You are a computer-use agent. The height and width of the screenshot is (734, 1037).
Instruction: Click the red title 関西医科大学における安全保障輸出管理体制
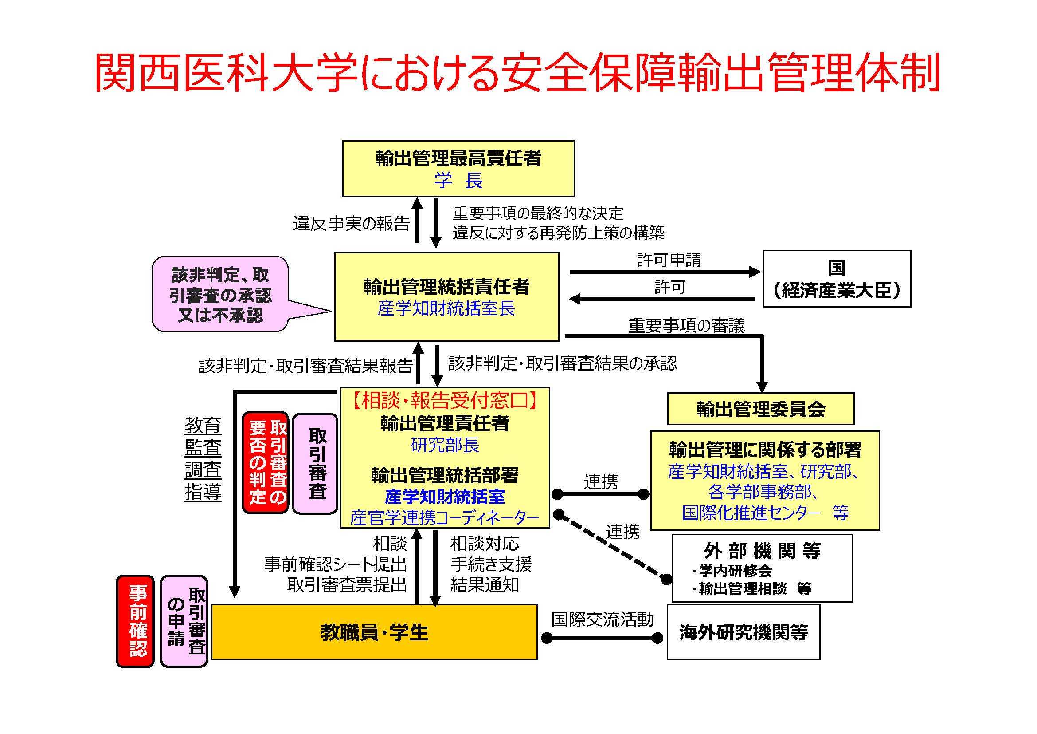click(x=517, y=72)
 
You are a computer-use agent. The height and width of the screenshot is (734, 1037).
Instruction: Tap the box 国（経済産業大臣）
click(x=837, y=279)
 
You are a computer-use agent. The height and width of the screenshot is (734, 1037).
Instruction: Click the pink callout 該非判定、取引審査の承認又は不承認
click(x=221, y=295)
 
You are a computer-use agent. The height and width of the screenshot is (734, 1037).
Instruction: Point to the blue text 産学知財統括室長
click(x=446, y=309)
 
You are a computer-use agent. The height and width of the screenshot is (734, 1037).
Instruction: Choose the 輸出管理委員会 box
click(x=761, y=409)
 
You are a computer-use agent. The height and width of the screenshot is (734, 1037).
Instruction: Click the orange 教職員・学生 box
click(x=374, y=632)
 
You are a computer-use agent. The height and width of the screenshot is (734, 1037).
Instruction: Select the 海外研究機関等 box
click(x=744, y=632)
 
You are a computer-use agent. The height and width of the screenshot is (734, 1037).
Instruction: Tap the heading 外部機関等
click(x=762, y=550)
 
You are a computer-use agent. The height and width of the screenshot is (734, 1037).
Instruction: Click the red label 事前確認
click(x=136, y=621)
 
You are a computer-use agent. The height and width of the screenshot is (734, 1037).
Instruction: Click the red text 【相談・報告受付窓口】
click(x=445, y=400)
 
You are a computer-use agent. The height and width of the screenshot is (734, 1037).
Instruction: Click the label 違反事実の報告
click(x=351, y=223)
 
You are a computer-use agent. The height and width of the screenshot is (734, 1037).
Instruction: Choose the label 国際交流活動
click(x=602, y=619)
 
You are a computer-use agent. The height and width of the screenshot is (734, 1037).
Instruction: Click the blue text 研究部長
click(x=445, y=446)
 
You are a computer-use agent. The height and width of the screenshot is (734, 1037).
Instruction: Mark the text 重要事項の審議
click(x=686, y=326)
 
